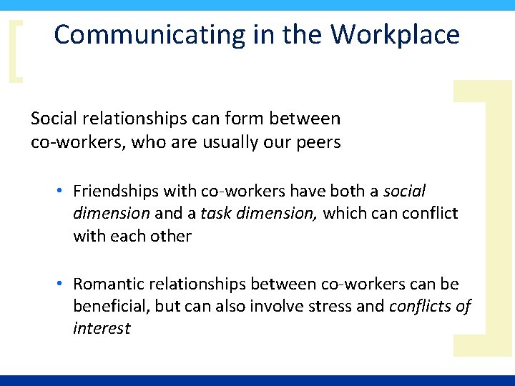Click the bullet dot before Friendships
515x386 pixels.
(62, 192)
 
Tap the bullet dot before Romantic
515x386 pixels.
(62, 284)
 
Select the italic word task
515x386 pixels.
(215, 214)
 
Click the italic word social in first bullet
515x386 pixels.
(405, 192)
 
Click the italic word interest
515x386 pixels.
(102, 329)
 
